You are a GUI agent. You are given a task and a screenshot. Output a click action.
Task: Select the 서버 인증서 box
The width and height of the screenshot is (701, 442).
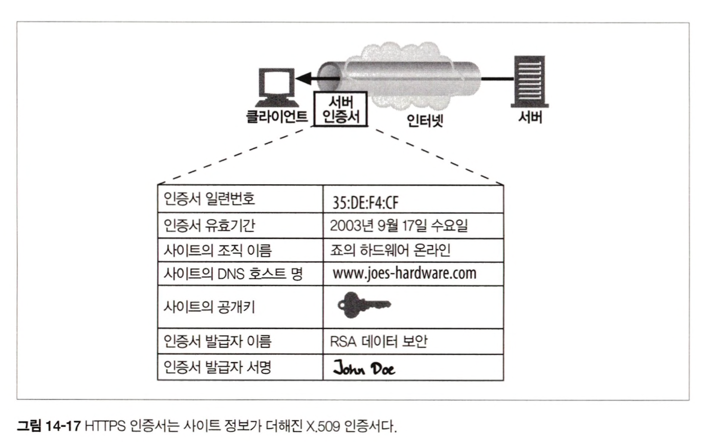[x=338, y=108]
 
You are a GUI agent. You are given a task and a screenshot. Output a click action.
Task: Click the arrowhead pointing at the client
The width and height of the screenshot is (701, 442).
[x=302, y=79]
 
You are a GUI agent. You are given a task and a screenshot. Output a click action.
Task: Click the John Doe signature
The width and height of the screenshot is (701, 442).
[x=364, y=368]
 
